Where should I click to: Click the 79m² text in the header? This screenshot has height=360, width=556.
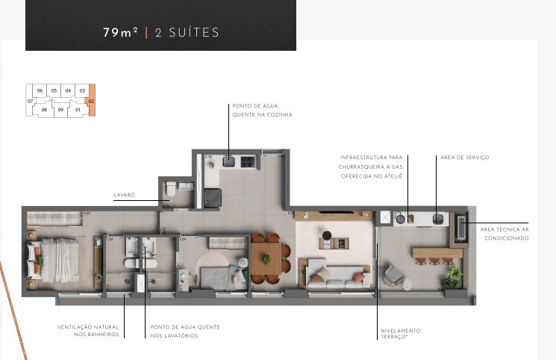tap(120, 33)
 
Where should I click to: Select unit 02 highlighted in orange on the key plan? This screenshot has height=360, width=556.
tap(91, 100)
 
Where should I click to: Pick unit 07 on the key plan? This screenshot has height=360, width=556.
tap(31, 101)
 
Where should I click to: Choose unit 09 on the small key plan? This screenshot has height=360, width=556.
tap(60, 110)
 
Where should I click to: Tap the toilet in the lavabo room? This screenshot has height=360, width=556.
tap(170, 190)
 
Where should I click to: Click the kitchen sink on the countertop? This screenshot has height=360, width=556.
tap(228, 160)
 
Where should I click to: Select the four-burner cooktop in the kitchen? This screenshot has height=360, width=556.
tap(247, 160)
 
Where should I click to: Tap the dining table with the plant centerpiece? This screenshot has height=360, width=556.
tap(266, 258)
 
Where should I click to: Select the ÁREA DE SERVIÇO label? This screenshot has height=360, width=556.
tap(464, 158)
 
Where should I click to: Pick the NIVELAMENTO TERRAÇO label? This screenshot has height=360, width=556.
tap(400, 333)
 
